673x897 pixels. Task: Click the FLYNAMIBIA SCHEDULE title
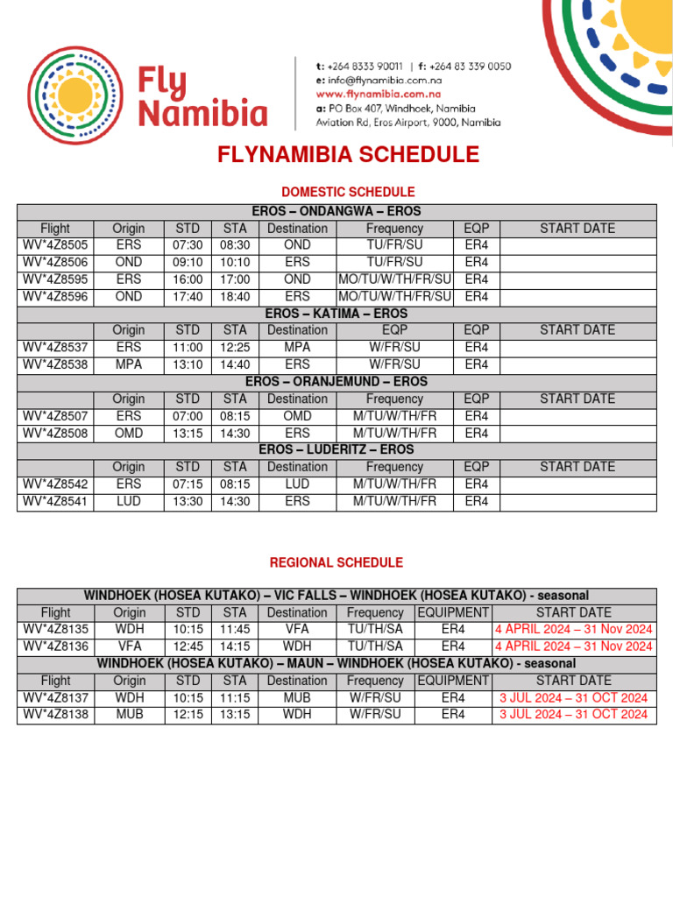[x=349, y=156]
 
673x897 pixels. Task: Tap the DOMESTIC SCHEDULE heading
[x=348, y=192]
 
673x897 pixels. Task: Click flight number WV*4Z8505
[x=55, y=245]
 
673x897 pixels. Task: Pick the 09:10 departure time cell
[x=188, y=262]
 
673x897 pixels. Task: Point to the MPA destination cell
[x=297, y=348]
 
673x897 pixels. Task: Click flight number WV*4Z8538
[x=55, y=364]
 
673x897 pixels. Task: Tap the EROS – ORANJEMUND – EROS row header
[x=336, y=382]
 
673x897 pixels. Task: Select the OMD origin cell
[x=129, y=433]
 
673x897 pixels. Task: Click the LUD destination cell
[x=297, y=484]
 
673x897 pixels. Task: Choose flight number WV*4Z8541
[x=55, y=501]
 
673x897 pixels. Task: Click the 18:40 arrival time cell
[x=235, y=297]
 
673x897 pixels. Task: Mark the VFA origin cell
[x=129, y=646]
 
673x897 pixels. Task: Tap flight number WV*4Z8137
[x=55, y=697]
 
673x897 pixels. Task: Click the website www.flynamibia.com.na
[x=379, y=94]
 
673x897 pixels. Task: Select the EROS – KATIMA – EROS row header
[x=336, y=314]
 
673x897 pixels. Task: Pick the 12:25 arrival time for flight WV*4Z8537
[x=235, y=348]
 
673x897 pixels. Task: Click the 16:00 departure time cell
[x=188, y=279]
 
